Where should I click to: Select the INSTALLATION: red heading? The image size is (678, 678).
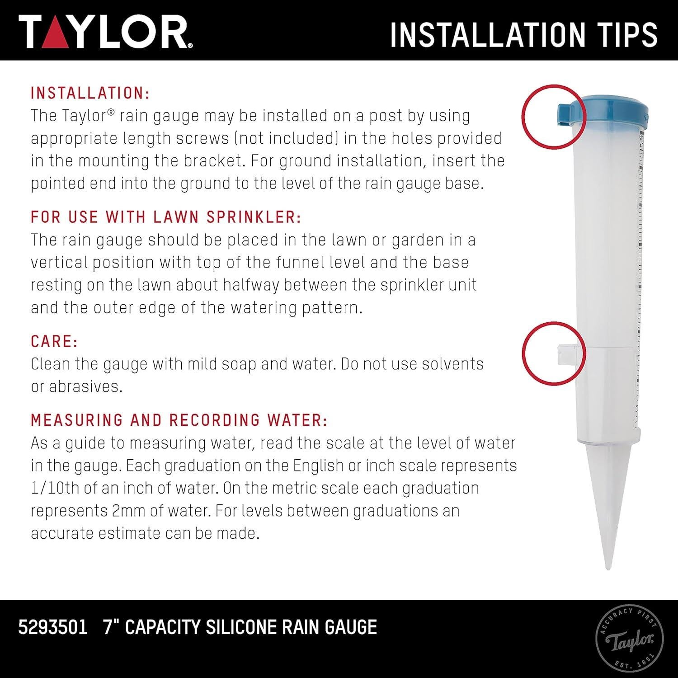coord(90,93)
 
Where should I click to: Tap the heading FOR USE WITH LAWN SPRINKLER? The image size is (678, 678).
coord(166,217)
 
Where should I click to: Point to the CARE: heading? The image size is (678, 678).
coord(54,341)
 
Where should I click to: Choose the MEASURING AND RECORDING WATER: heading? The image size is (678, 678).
coord(179,420)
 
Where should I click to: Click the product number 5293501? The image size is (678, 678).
coord(52,627)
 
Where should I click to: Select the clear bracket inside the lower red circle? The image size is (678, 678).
coord(569,353)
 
